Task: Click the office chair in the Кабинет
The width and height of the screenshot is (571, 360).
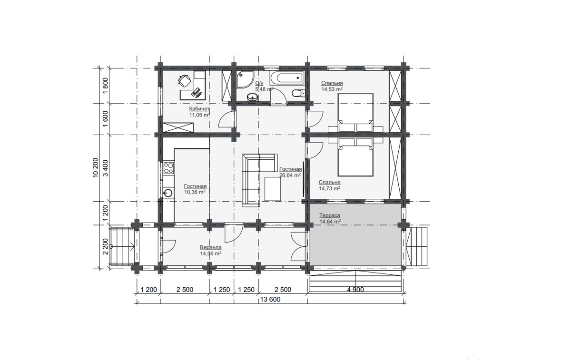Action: coord(185,80)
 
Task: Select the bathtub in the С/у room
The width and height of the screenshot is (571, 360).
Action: coord(287,78)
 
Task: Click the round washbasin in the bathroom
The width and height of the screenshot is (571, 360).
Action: coord(252,97)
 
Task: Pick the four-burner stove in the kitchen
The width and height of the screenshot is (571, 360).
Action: coord(168,168)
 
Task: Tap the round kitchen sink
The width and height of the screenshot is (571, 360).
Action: coord(168,193)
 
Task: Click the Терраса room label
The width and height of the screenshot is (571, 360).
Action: coord(330,215)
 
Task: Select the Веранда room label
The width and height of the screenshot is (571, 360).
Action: coord(210,247)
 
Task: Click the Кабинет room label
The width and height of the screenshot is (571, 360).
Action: coord(199,109)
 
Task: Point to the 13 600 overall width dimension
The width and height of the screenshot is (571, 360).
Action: coord(270,299)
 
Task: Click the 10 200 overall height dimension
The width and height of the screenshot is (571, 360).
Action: coord(95,168)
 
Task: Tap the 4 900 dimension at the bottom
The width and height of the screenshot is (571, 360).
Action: coord(355,290)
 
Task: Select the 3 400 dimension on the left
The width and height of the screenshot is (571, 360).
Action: coord(105,168)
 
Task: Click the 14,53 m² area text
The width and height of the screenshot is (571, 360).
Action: coord(332,89)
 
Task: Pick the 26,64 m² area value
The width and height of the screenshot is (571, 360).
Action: coord(290,175)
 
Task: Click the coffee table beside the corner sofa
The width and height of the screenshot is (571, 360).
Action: coord(273,189)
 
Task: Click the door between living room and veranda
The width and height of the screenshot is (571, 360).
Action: coord(234,233)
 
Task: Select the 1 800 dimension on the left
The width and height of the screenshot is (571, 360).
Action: coord(105,86)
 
